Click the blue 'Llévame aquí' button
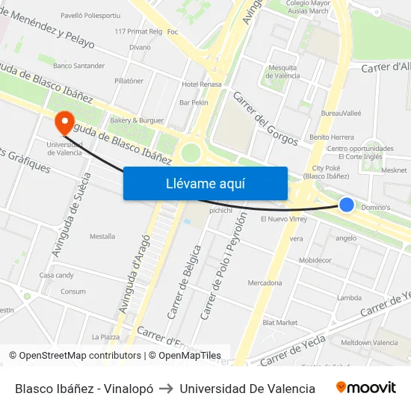205,183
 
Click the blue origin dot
347,205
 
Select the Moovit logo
366,388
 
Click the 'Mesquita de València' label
282,72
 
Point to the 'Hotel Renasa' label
202,84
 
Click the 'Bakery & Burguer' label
136,120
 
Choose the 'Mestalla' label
102,236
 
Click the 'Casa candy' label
57,275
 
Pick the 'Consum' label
73,291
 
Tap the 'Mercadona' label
265,283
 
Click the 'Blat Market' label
280,323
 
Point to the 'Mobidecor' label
315,261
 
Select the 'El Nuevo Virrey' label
283,220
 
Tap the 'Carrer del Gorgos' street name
265,119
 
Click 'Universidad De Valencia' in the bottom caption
247,389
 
